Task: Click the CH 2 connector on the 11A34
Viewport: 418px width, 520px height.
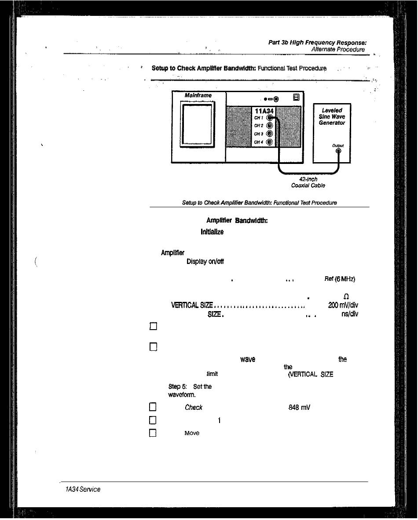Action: click(270, 126)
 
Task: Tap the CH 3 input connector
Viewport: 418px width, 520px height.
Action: click(270, 134)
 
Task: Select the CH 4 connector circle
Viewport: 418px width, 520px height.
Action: click(270, 142)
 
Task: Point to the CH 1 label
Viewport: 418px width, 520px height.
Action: click(258, 118)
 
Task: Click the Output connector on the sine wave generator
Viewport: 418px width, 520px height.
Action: click(338, 152)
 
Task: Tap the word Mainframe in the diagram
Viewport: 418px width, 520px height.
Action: click(198, 95)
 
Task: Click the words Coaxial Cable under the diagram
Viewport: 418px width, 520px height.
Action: click(308, 186)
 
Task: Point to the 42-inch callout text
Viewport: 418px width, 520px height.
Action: click(308, 179)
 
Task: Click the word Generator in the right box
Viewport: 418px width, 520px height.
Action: click(332, 123)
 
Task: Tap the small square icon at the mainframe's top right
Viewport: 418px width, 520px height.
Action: click(297, 97)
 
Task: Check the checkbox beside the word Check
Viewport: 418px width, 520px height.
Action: click(153, 408)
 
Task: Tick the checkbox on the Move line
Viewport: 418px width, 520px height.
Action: click(153, 433)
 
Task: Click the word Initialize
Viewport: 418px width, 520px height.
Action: click(213, 232)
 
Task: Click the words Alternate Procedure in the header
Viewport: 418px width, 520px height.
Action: click(338, 49)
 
